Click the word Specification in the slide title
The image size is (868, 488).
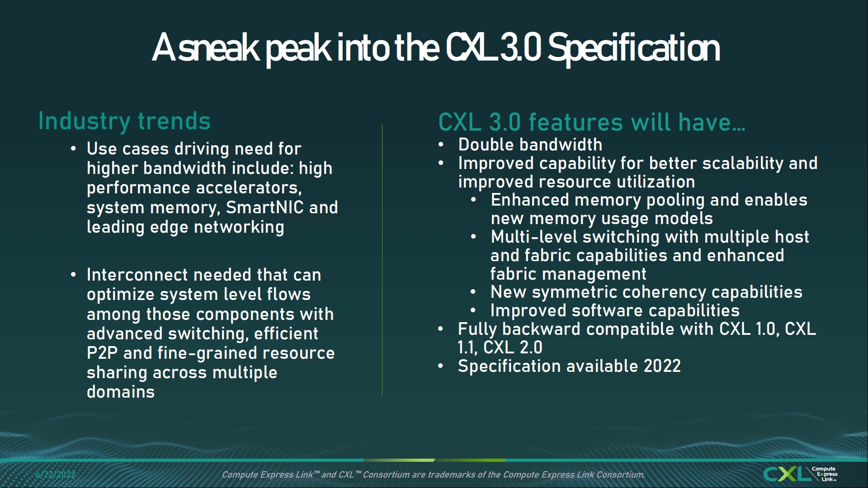[633, 48]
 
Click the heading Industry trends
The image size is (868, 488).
[124, 121]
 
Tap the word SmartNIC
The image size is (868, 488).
[264, 207]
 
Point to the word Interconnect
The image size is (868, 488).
[137, 275]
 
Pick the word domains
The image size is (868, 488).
[121, 392]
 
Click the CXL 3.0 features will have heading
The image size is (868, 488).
[591, 122]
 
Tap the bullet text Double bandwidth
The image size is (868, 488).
[530, 145]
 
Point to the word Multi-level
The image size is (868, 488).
[531, 237]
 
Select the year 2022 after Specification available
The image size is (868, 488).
[662, 366]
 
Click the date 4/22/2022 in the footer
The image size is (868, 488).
[56, 474]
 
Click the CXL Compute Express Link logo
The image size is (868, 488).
[800, 474]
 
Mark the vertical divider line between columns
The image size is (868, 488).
[382, 260]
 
